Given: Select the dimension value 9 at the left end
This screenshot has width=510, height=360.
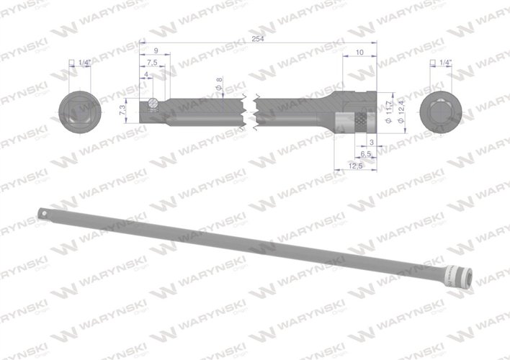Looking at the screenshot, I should [156, 51].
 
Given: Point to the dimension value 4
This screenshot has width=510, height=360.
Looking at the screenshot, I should [146, 75].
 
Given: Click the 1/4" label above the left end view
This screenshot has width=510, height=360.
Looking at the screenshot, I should [84, 63].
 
